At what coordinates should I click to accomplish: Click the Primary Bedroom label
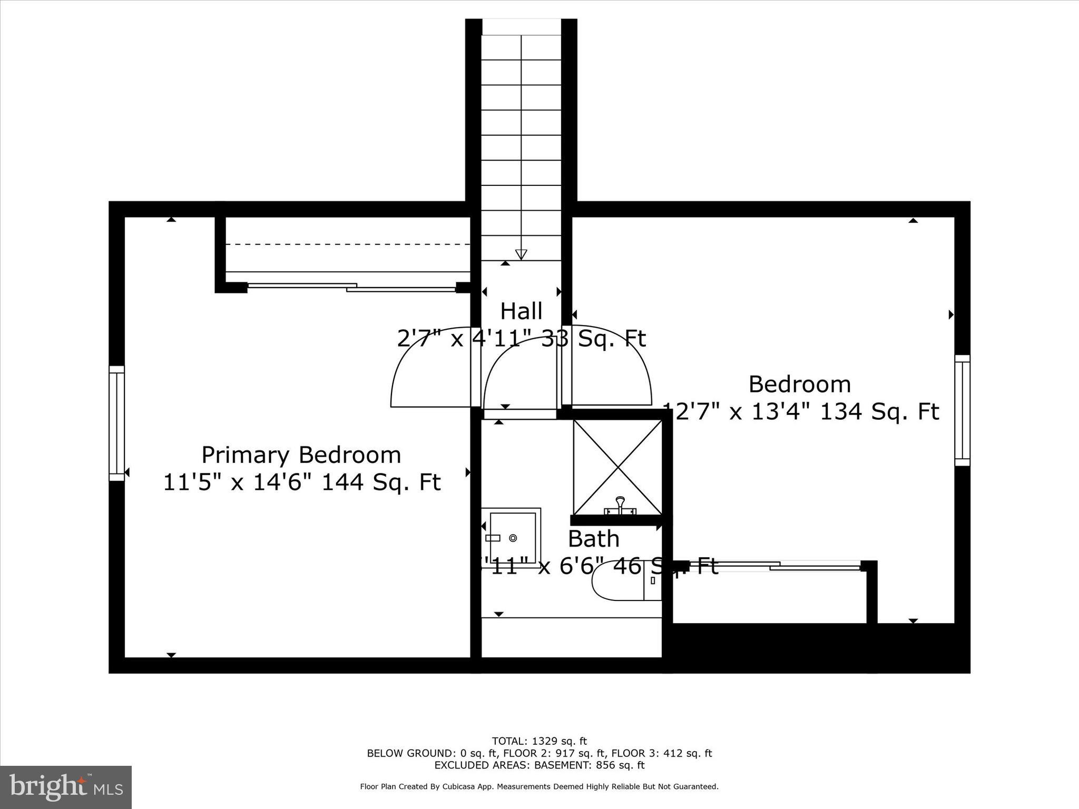[301, 455]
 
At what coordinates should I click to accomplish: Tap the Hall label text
[521, 311]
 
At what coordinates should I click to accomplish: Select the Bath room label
[593, 539]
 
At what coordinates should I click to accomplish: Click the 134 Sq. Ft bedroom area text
[880, 412]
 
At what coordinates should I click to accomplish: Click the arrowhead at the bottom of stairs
[521, 254]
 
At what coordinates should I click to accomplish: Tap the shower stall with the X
[617, 467]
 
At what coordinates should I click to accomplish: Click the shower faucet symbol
[620, 506]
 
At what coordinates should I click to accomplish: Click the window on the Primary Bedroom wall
[117, 423]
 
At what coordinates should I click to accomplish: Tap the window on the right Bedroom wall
[962, 410]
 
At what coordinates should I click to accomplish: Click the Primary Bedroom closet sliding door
[351, 287]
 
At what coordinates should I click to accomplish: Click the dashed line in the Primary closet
[348, 244]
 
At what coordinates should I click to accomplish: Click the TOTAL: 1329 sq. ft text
[539, 742]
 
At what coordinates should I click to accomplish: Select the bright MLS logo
[66, 787]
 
